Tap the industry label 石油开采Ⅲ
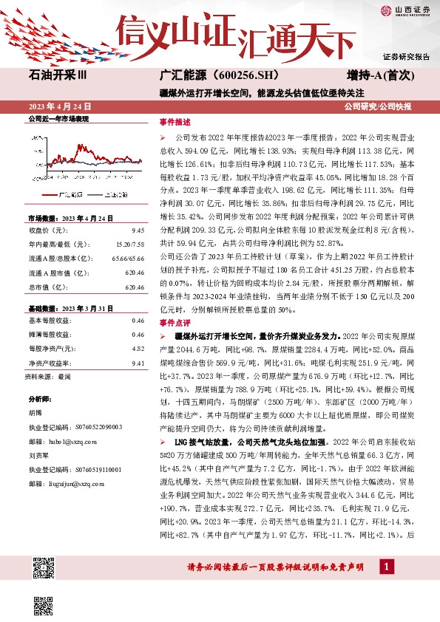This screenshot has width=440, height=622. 57,76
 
